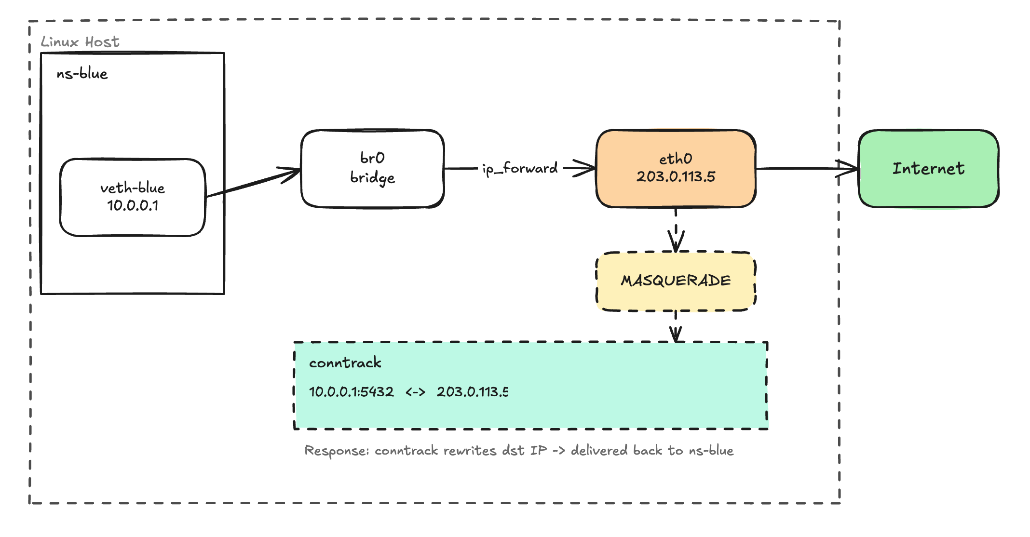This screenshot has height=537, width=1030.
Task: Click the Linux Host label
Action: [x=80, y=42]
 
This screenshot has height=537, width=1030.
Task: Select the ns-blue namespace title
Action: [x=82, y=74]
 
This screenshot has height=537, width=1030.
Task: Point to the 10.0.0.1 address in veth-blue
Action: [x=133, y=206]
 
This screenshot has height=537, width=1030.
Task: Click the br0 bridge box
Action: [x=372, y=169]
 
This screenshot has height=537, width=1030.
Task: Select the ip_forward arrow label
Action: [x=520, y=168]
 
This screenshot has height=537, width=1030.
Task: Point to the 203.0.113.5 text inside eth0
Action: [x=676, y=176]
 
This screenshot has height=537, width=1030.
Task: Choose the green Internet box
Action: [x=928, y=169]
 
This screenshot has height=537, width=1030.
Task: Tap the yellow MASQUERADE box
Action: [x=676, y=281]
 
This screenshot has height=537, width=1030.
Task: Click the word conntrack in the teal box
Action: [x=345, y=362]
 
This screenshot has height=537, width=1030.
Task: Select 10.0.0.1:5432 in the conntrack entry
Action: [x=351, y=391]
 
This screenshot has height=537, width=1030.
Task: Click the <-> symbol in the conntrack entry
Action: [x=415, y=392]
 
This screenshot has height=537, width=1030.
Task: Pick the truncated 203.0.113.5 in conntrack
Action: [x=472, y=391]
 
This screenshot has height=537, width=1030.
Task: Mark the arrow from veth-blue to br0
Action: [x=253, y=183]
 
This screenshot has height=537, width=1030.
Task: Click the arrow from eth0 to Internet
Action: [x=805, y=168]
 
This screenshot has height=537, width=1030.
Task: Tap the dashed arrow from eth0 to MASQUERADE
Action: [x=676, y=229]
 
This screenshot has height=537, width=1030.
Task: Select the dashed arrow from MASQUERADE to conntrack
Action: [x=676, y=326]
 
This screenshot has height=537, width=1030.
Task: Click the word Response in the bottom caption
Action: [x=337, y=451]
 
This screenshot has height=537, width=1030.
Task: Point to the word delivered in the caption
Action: [x=599, y=450]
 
